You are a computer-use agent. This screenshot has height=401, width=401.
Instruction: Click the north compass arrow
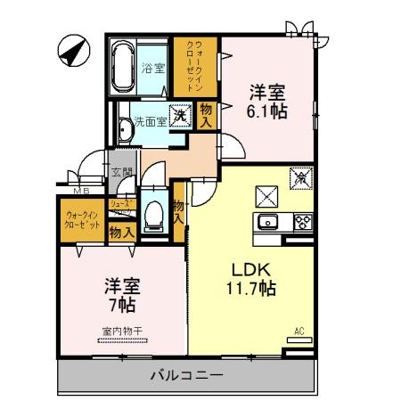click(71, 49)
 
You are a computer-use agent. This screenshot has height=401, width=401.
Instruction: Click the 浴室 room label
click(153, 68)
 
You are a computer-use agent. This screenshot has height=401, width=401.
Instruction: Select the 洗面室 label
click(150, 119)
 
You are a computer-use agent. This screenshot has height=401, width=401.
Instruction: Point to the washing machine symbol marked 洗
click(181, 113)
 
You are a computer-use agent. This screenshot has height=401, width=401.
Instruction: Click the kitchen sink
click(267, 223)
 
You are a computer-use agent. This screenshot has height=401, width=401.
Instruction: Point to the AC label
click(299, 332)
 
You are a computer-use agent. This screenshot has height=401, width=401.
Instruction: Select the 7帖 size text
click(122, 307)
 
